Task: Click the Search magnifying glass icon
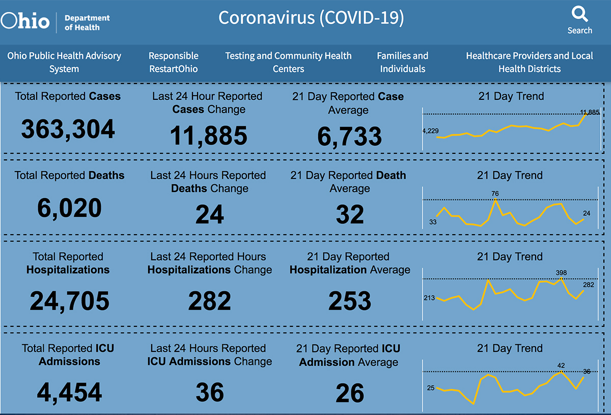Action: coord(579,13)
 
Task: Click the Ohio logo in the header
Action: coord(25,21)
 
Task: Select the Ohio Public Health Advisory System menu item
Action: coord(64,62)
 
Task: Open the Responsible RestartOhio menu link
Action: coord(174,62)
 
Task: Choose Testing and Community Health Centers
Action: coord(288,62)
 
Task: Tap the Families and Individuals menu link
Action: coord(402,62)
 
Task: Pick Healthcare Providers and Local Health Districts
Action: coord(530,62)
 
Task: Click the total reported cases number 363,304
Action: coord(68,130)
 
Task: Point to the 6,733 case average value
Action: coord(349,136)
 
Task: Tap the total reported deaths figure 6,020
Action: coord(69,208)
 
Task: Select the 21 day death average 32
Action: coord(350,215)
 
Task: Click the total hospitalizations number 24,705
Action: coord(69,300)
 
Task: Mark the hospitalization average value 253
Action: coord(350,301)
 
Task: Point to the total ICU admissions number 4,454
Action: coord(69,392)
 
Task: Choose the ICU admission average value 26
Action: coord(350,393)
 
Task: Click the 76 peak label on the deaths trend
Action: coord(495,194)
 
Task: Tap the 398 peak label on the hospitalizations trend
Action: coord(562,273)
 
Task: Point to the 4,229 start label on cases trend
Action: coord(430,131)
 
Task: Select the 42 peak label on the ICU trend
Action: coord(561,366)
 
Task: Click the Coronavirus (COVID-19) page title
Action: coord(311,18)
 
